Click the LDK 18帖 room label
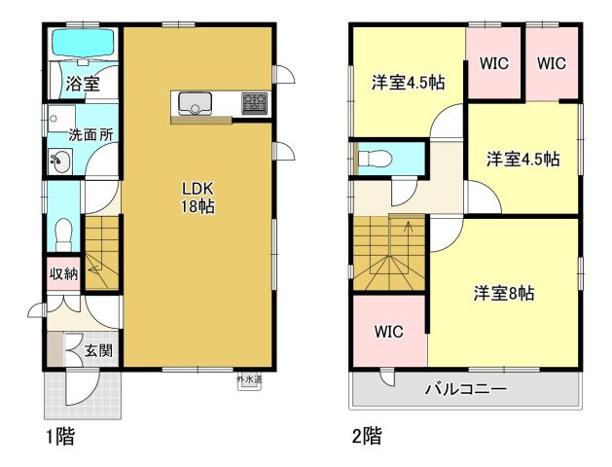(198, 198)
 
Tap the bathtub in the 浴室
(83, 43)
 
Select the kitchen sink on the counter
(195, 103)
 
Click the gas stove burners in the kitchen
(254, 103)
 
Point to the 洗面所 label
(90, 135)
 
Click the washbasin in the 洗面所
(59, 161)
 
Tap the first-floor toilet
(63, 234)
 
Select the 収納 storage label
(63, 274)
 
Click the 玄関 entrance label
(98, 350)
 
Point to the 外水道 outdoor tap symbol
(249, 381)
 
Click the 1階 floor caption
(60, 436)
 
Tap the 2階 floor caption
(367, 436)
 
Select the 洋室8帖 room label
(504, 293)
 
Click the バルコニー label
(466, 388)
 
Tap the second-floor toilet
(375, 159)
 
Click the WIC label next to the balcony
(389, 332)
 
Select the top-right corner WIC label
(551, 63)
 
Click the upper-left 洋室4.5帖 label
(408, 83)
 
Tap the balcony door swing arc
(387, 379)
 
